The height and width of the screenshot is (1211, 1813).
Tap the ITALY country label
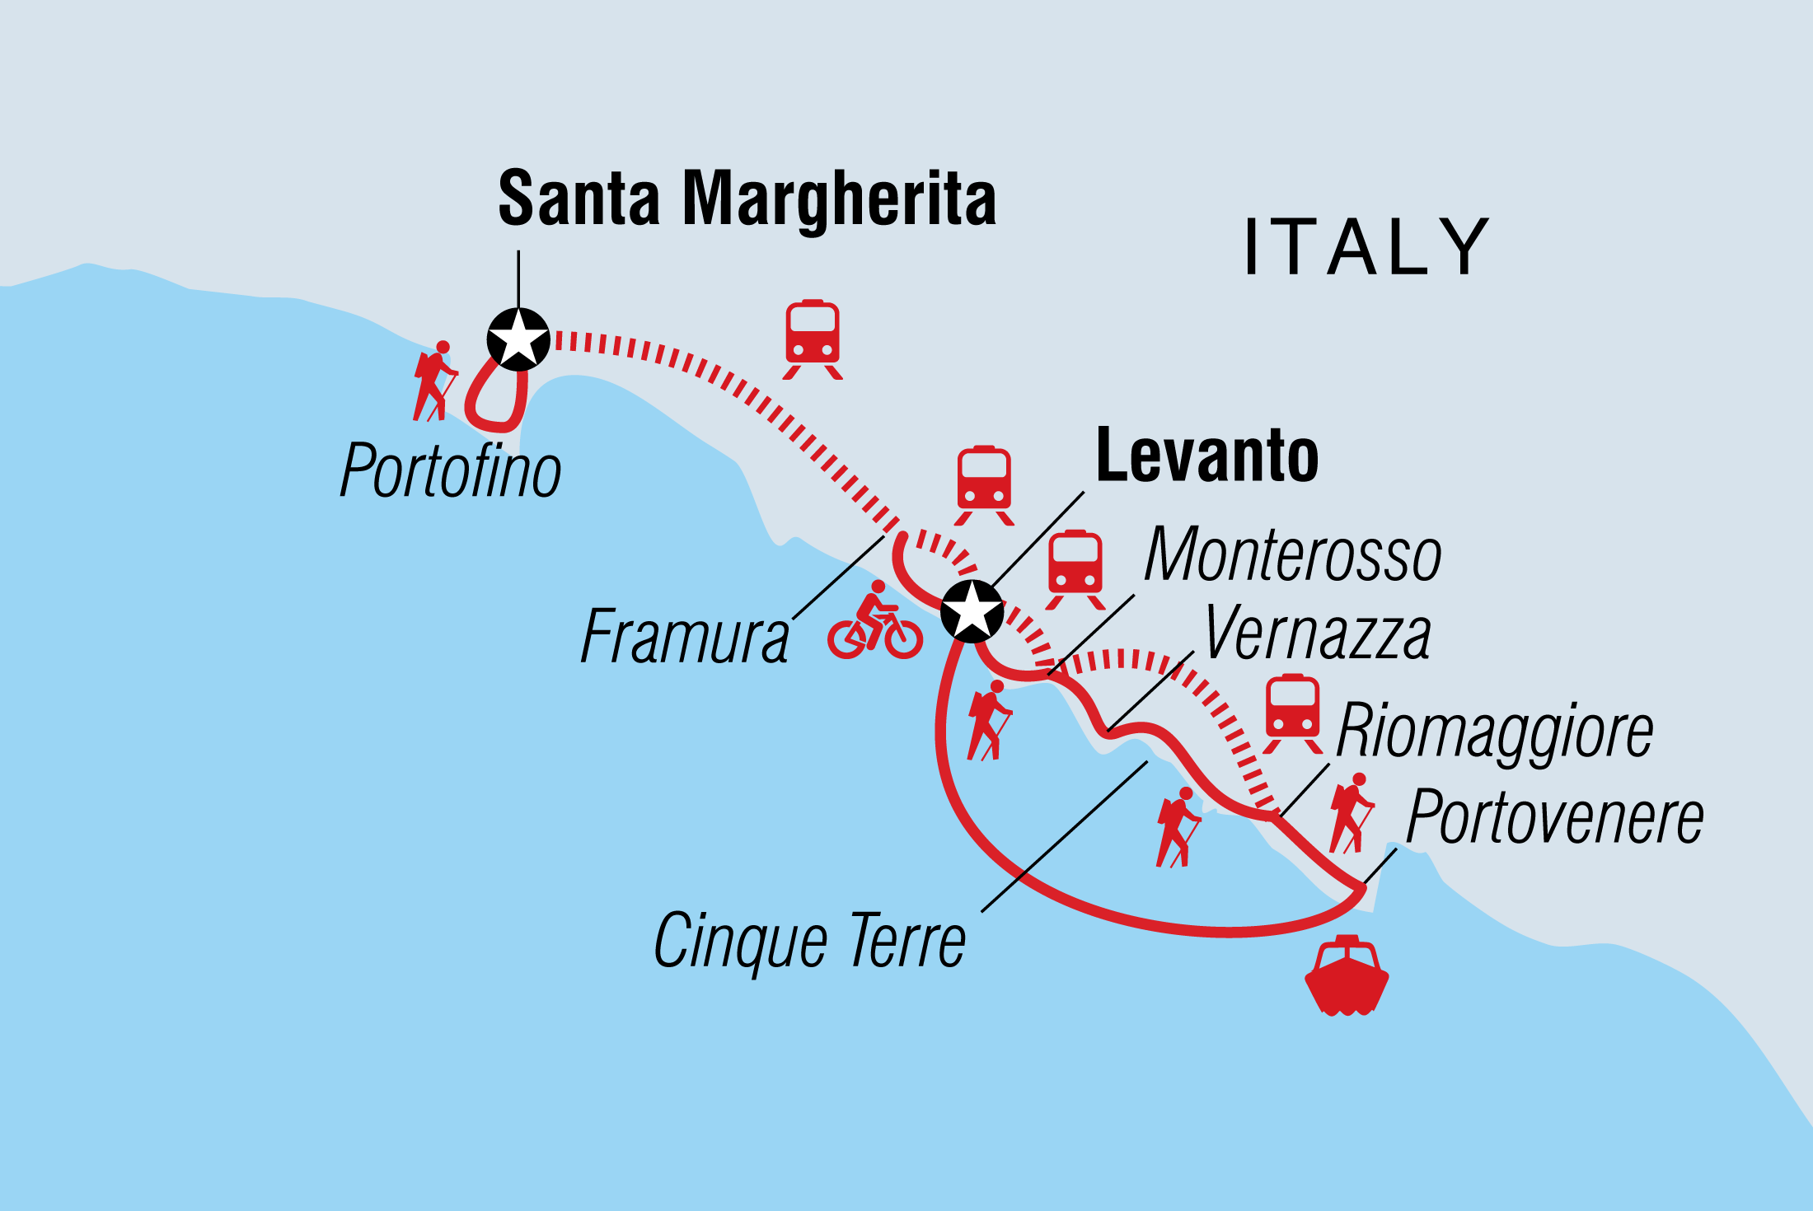click(1366, 246)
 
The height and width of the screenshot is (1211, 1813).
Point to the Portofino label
click(450, 471)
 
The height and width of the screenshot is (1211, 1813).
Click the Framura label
click(684, 637)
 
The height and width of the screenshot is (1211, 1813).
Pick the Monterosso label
click(1292, 555)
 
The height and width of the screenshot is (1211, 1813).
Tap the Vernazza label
click(1317, 634)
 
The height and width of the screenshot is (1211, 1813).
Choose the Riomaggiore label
click(1493, 731)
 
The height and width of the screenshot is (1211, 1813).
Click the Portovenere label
click(1554, 817)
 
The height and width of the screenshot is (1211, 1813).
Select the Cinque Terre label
click(809, 941)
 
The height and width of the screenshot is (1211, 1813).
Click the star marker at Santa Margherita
click(518, 339)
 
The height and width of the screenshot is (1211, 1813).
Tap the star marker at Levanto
click(972, 611)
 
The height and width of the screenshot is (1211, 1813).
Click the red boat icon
click(1347, 975)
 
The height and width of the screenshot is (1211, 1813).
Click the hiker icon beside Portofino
click(434, 381)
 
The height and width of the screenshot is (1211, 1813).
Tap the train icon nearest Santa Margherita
click(813, 339)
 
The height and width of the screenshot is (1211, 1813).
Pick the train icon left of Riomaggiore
click(1292, 713)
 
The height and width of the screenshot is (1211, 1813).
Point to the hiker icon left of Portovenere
click(1351, 813)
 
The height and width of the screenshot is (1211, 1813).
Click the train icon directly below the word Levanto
click(1075, 569)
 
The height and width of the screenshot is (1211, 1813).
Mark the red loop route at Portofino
click(496, 400)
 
